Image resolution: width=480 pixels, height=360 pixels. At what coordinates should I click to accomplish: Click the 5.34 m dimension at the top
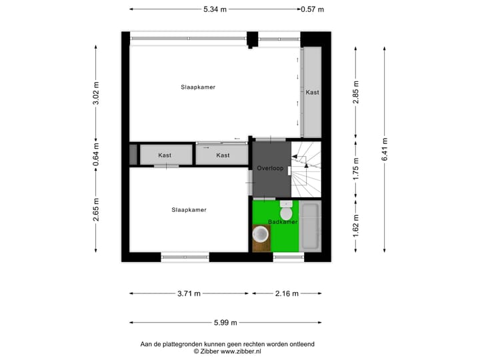click(215, 9)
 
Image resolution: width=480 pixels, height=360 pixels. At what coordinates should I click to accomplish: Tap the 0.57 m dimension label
click(312, 9)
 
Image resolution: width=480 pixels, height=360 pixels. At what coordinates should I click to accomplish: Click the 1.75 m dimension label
click(356, 169)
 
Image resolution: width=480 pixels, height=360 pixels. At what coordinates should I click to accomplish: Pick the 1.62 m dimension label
click(356, 225)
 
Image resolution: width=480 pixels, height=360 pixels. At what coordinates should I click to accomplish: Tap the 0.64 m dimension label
click(96, 155)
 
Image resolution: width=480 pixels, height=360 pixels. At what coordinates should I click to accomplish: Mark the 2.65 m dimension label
click(96, 209)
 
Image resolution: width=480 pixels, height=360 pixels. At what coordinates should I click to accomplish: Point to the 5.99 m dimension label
click(226, 323)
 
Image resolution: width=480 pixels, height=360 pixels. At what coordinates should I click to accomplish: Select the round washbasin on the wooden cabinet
click(262, 235)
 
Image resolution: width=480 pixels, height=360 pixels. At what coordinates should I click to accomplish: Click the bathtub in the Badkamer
click(311, 227)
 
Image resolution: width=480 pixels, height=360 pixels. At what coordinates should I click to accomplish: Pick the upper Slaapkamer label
click(198, 87)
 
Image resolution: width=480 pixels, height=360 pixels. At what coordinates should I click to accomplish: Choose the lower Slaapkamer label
click(189, 210)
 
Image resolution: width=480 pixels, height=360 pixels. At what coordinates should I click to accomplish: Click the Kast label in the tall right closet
click(312, 93)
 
